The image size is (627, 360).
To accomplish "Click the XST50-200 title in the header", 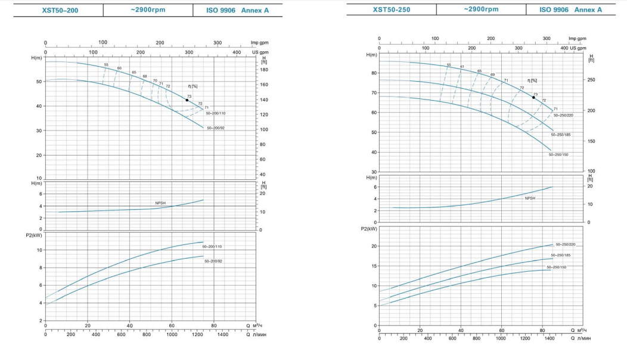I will point(60,10).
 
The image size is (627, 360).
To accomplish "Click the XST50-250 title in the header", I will point(392,10).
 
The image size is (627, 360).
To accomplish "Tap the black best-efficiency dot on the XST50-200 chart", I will point(187,100).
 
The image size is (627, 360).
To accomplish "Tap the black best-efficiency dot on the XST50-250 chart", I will point(533,97).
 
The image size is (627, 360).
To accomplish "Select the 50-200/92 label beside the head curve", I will point(216,128).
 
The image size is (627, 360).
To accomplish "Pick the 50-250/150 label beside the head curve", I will point(558,154).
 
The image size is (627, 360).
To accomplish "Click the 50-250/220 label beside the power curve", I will point(565,244).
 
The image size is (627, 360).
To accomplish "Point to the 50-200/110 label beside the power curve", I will point(213,246).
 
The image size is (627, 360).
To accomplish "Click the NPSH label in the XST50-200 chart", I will point(161,203).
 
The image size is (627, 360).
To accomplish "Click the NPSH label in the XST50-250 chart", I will point(530,198).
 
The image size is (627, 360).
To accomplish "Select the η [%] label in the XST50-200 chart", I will point(193,86).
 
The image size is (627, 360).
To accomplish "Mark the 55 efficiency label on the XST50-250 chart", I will point(449,64).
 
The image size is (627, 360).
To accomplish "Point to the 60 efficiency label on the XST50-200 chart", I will point(119,68).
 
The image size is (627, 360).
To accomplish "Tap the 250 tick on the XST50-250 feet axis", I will point(591,80).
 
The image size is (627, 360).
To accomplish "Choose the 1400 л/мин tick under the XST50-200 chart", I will point(222,334).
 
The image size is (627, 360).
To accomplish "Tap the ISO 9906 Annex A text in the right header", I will point(570,10).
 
